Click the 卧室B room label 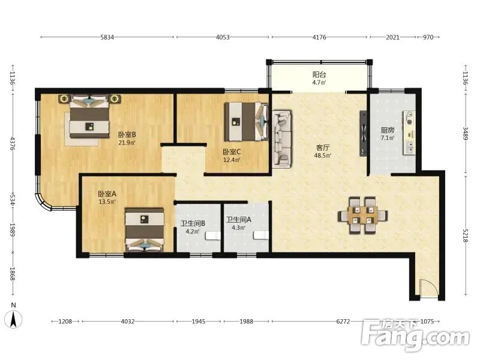point(127,134)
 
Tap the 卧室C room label point(232,152)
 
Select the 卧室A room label point(107,194)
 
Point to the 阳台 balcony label point(319,74)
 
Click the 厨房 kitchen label point(388,130)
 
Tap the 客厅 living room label point(323,148)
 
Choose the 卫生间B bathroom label point(193,224)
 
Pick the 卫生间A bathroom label point(239,220)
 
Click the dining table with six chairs point(363,215)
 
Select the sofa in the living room point(282,139)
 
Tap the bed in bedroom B point(89,116)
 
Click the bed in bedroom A point(145,230)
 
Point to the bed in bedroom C point(247,121)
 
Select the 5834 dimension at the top point(107,37)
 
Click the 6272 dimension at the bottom point(343,322)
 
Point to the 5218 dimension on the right point(466,235)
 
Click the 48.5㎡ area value point(323,155)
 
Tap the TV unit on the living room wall point(363,133)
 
